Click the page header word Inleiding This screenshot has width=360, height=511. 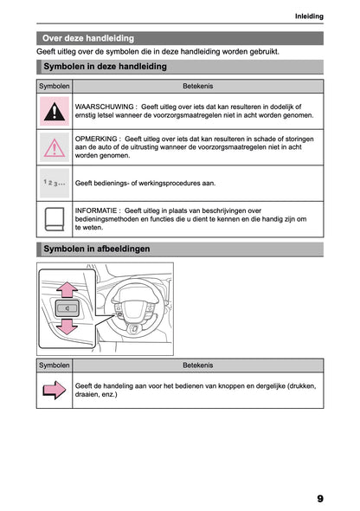[x=308, y=16]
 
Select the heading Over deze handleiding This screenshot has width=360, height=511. [x=88, y=38]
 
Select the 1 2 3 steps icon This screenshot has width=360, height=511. [x=55, y=184]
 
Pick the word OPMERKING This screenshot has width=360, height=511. [x=97, y=138]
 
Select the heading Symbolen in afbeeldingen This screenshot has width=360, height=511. [x=96, y=249]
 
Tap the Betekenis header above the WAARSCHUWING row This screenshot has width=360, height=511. [x=198, y=87]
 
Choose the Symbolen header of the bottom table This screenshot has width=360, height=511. [x=55, y=365]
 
